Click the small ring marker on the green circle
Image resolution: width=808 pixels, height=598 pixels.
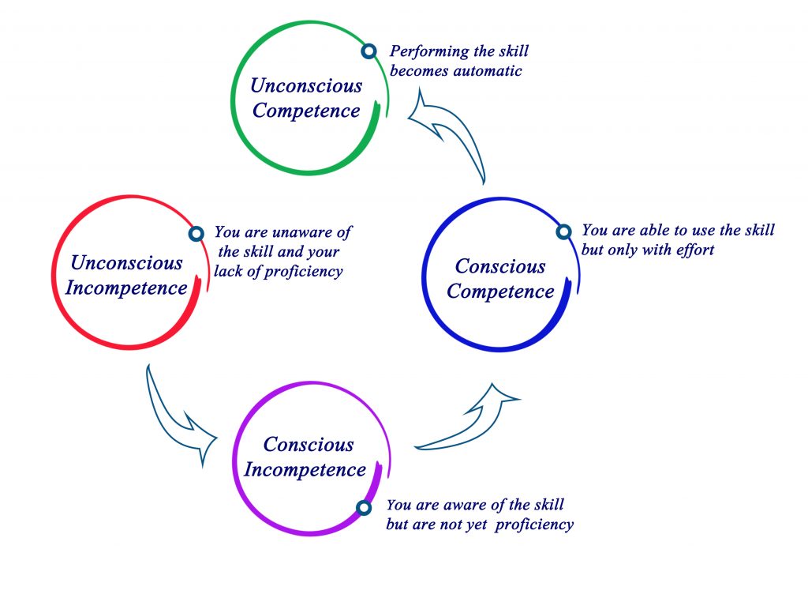click(x=369, y=51)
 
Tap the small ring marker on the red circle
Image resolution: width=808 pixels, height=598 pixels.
click(x=196, y=234)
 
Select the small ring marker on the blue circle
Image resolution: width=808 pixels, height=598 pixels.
click(x=564, y=231)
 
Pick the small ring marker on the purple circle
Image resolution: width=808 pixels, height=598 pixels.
click(x=364, y=508)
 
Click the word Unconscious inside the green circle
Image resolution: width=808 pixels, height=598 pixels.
click(x=306, y=85)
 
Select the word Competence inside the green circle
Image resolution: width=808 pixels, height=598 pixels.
click(x=306, y=111)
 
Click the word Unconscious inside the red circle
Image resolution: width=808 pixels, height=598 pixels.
click(x=127, y=262)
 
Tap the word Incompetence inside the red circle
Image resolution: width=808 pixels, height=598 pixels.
click(x=126, y=288)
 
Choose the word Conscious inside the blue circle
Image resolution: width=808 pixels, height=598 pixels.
click(x=499, y=266)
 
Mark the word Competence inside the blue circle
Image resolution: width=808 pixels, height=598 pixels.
click(x=500, y=291)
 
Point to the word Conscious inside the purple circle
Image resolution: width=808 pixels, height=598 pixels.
click(x=309, y=444)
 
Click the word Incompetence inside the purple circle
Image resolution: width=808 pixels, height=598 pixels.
click(x=305, y=469)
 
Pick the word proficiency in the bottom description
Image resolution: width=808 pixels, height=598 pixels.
click(x=534, y=525)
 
